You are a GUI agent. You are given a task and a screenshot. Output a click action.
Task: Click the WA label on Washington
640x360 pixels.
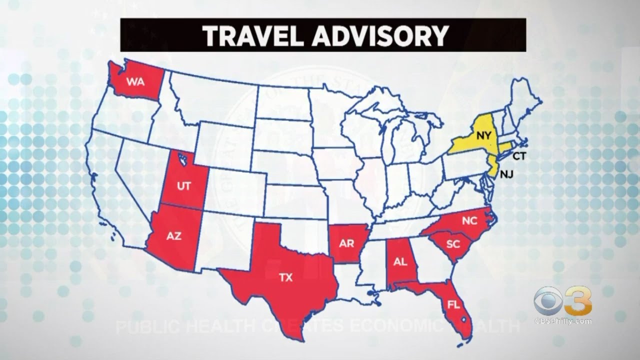135,81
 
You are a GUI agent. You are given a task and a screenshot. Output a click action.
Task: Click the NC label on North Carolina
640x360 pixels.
469,220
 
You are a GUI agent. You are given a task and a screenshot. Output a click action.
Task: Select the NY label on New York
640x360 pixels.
482,134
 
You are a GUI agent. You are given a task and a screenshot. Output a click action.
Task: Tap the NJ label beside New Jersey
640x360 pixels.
507,175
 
